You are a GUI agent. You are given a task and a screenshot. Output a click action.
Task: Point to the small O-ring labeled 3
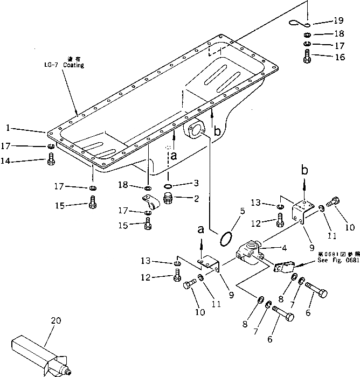click(168, 187)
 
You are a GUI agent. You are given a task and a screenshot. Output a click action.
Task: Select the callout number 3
click(196, 183)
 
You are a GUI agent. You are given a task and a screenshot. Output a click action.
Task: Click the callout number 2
click(196, 198)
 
